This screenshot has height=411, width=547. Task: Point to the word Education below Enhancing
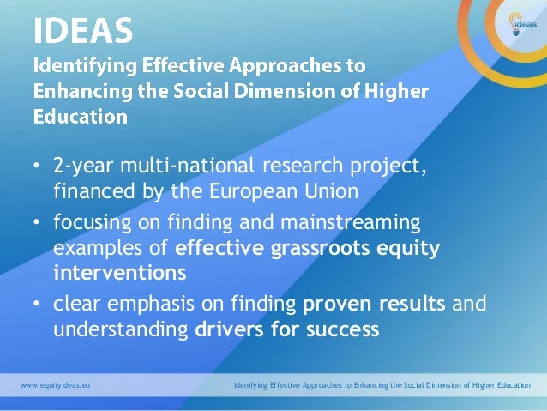(80, 116)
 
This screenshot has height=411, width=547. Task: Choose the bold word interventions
(119, 274)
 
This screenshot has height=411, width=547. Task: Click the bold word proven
(339, 303)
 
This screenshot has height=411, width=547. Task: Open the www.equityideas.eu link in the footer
(55, 386)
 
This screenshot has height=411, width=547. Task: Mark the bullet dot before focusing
(37, 224)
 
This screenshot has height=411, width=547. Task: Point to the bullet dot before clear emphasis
(37, 304)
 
